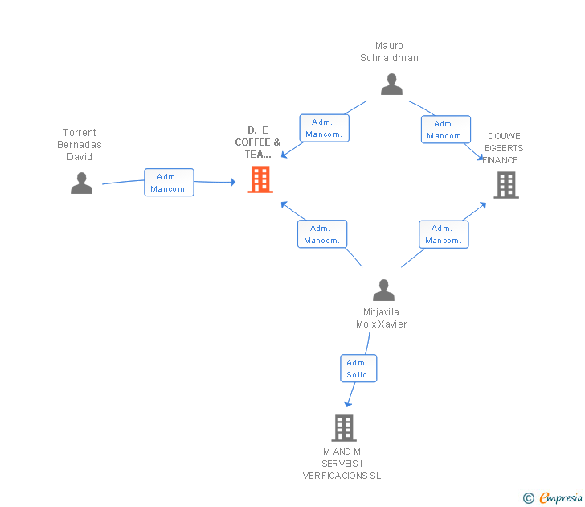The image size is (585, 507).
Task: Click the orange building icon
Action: tap(260, 179)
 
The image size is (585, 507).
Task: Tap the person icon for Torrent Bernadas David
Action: tap(81, 183)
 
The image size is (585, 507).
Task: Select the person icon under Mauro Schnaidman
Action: tap(391, 84)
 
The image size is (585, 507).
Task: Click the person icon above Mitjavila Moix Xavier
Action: tap(383, 290)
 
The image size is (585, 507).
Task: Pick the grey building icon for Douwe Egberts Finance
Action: tap(506, 185)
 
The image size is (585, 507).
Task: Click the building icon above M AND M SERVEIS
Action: tap(344, 428)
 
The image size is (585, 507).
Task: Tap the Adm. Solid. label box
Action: tap(358, 369)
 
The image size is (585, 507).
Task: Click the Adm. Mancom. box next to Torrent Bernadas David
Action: tap(169, 183)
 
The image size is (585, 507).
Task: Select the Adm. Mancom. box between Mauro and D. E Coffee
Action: tap(324, 128)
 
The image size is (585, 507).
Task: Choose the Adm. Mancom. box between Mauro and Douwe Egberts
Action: tap(446, 130)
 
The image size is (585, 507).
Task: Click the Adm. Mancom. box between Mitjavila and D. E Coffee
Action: tap(322, 234)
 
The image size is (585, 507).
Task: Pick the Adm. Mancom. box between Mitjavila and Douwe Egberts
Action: tap(444, 234)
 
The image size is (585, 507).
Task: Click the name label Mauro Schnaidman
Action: tap(389, 52)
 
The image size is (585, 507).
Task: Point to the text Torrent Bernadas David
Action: tap(80, 145)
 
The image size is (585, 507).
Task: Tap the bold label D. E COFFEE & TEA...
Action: tap(258, 142)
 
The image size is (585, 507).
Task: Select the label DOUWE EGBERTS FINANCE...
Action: tap(504, 148)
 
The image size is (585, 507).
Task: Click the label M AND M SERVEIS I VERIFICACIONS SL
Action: tap(342, 464)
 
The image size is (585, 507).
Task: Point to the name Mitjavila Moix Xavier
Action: tap(381, 318)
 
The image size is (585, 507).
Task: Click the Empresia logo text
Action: tap(561, 497)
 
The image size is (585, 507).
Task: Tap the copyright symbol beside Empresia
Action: tap(529, 498)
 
